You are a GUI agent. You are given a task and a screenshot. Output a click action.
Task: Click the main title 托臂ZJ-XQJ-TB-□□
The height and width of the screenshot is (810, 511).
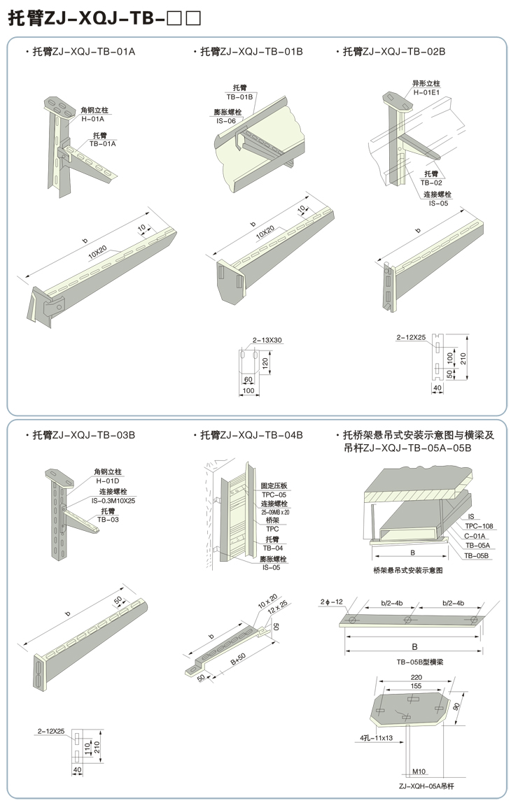(105, 19)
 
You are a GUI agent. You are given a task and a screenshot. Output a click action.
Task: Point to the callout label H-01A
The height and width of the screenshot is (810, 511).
(92, 118)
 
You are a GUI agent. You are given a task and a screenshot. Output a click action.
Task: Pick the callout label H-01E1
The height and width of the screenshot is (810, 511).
(426, 92)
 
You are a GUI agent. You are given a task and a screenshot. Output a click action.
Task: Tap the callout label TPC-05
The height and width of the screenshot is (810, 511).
(274, 493)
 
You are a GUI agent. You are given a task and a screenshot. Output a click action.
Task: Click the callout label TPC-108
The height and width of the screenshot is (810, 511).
(479, 525)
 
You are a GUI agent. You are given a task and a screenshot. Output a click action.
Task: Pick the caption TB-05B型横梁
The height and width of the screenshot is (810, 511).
(415, 661)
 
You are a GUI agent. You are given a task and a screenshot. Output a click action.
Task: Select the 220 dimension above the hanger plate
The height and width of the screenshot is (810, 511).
(416, 677)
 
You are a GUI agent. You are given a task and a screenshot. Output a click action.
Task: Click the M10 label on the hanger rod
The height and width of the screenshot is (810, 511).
(419, 772)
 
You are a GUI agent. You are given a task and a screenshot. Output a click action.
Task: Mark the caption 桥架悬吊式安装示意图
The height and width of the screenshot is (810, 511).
(408, 570)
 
